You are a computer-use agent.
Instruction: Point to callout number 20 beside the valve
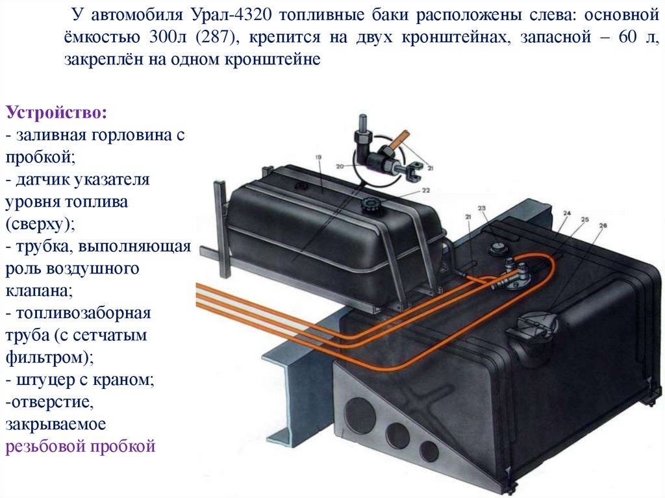tap(340, 166)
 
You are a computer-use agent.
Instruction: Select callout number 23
tap(481, 208)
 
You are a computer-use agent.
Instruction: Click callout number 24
tap(566, 214)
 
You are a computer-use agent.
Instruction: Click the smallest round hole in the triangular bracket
tap(429, 450)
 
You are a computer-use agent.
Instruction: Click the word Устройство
tap(56, 112)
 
